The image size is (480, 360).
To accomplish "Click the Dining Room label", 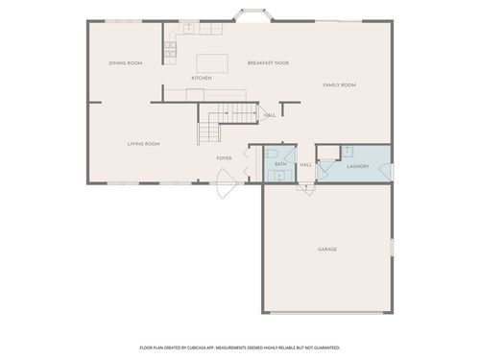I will (x=125, y=63).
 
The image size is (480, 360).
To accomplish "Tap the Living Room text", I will (x=143, y=144).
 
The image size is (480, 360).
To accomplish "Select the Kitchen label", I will (x=201, y=78).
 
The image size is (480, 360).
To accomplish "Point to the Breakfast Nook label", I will (x=268, y=63).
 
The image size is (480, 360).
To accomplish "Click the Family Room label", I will (x=339, y=85).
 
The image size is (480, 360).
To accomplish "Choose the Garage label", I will (x=327, y=249).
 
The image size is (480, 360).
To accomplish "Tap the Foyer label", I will (x=224, y=157).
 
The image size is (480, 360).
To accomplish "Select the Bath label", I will (x=280, y=165).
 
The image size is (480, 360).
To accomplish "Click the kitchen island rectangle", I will (x=212, y=62).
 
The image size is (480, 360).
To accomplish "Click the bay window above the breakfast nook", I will (x=253, y=16).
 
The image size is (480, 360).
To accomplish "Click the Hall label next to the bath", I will (x=305, y=165).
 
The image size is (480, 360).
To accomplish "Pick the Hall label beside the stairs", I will (x=270, y=115).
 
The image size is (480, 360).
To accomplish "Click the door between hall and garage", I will (x=305, y=185).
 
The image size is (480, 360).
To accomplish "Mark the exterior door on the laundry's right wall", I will (x=391, y=172).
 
